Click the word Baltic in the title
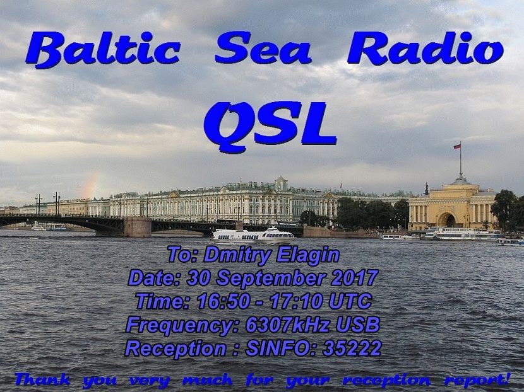[103, 49]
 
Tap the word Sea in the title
[263, 48]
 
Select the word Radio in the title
[426, 48]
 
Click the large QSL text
[270, 127]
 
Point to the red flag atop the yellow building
[457, 146]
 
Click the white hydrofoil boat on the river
[253, 236]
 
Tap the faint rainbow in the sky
[91, 185]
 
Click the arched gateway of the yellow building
[447, 220]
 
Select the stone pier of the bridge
[138, 227]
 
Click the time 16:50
[223, 301]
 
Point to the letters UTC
[350, 301]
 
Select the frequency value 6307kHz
[288, 325]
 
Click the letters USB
[357, 325]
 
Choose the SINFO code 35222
[352, 348]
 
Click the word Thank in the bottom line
[42, 380]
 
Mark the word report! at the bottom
[477, 380]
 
